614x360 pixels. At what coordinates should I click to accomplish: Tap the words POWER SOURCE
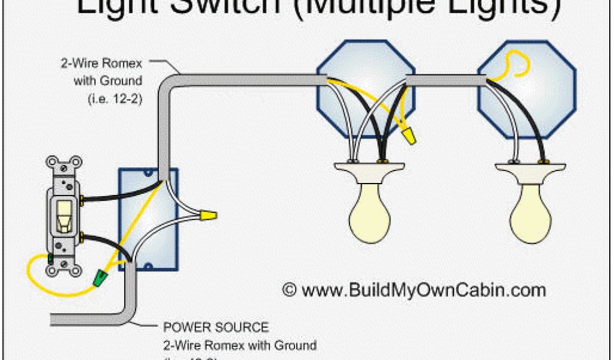click(216, 328)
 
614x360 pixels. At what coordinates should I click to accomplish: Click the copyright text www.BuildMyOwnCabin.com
click(414, 290)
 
